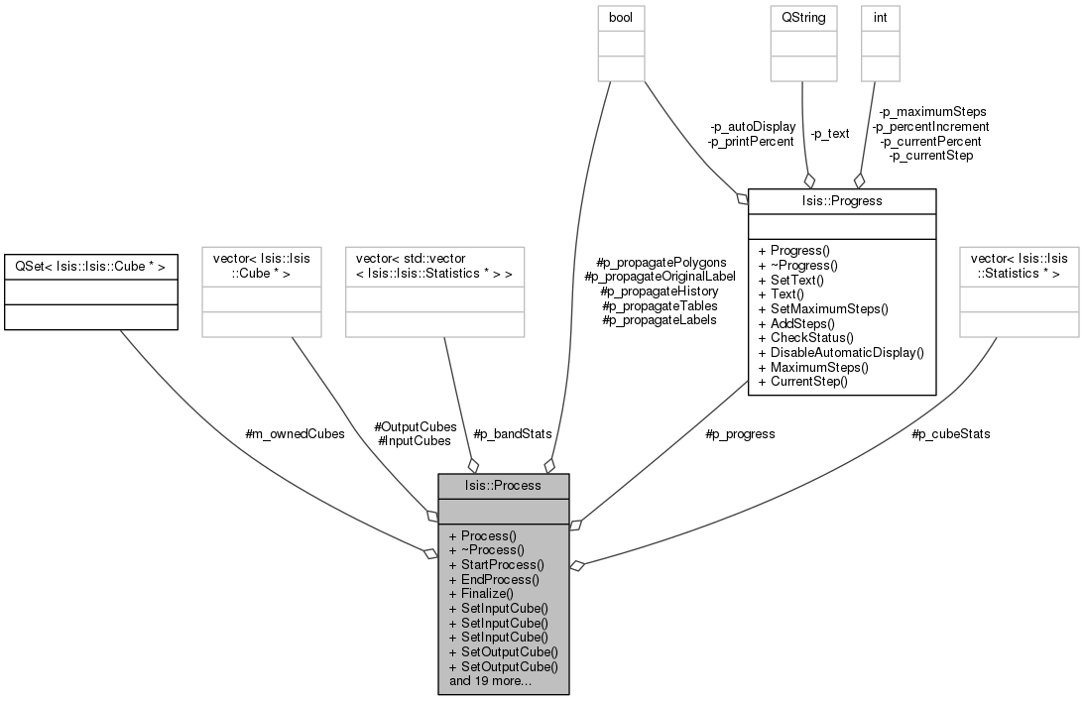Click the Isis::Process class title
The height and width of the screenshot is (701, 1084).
pyautogui.click(x=503, y=485)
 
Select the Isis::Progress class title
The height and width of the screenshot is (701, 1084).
pyautogui.click(x=842, y=200)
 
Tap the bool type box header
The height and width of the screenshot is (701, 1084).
pyautogui.click(x=621, y=17)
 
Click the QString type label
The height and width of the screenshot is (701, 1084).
pyautogui.click(x=803, y=17)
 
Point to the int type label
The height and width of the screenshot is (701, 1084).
pyautogui.click(x=880, y=17)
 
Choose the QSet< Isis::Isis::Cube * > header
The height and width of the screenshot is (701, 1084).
pyautogui.click(x=90, y=266)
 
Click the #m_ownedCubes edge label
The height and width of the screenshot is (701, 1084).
pyautogui.click(x=296, y=434)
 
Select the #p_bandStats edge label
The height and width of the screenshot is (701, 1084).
pyautogui.click(x=513, y=434)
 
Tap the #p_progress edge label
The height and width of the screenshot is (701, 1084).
pyautogui.click(x=741, y=434)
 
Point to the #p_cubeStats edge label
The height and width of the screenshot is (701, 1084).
pyautogui.click(x=951, y=434)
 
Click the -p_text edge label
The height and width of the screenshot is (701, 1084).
pyautogui.click(x=829, y=134)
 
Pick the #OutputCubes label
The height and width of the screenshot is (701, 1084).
pyautogui.click(x=416, y=426)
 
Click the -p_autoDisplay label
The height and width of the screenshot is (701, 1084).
pyautogui.click(x=752, y=127)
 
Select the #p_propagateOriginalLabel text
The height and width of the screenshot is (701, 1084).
pyautogui.click(x=661, y=277)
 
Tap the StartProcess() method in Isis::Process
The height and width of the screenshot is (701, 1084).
pyautogui.click(x=496, y=565)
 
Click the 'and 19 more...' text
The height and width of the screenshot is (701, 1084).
pyautogui.click(x=490, y=681)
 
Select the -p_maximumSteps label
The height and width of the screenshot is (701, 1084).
pyautogui.click(x=932, y=112)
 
